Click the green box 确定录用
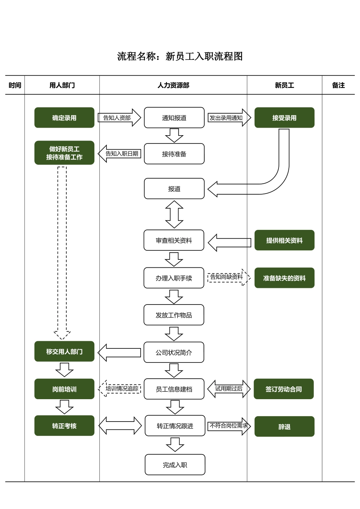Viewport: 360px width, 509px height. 64,118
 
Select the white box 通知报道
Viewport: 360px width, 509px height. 174,118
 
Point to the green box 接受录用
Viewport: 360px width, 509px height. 284,118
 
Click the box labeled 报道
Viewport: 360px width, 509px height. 174,189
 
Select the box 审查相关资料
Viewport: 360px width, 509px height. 174,240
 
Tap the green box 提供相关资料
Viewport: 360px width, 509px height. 284,240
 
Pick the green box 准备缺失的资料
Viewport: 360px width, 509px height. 284,278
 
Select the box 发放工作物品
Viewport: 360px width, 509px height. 174,315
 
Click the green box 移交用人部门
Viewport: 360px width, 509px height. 64,351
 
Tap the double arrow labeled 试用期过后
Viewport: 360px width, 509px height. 229,389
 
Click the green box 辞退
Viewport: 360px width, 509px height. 284,426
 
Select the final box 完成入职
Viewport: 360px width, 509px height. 175,465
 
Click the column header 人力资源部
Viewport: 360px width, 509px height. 173,85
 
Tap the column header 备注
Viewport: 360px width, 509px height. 338,85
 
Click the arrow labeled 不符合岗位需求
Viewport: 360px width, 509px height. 229,426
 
